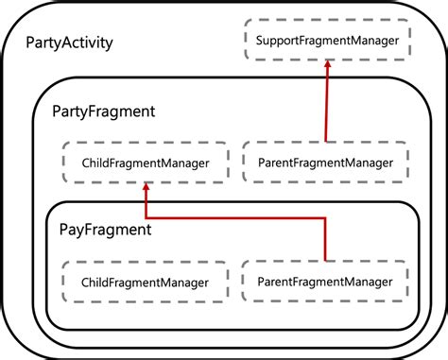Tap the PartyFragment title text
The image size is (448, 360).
click(103, 111)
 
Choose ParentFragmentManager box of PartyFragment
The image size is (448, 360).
click(325, 163)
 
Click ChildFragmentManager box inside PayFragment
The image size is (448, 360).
click(146, 283)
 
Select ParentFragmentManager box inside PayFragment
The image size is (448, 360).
click(325, 281)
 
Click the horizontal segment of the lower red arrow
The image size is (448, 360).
click(236, 216)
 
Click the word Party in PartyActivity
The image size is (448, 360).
click(48, 43)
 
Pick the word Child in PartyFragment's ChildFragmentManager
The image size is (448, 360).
click(99, 163)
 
